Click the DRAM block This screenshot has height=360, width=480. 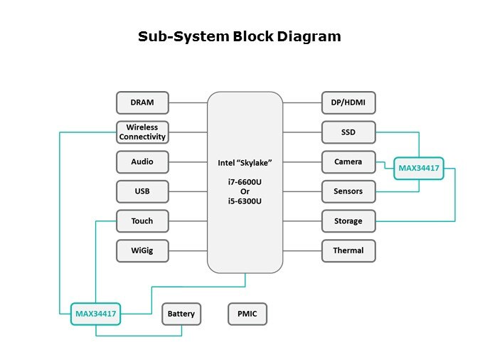(142, 102)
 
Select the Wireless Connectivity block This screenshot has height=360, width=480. (142, 132)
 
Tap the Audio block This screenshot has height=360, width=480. (142, 162)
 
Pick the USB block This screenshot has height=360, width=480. (142, 191)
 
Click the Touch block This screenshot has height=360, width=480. (142, 221)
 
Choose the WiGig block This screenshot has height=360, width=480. (142, 250)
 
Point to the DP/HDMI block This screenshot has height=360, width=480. (348, 102)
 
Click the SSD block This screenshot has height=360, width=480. (348, 132)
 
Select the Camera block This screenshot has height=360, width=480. (348, 162)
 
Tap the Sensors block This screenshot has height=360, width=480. (348, 191)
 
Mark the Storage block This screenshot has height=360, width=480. (348, 221)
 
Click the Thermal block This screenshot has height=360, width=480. (348, 250)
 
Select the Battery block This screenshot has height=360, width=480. (181, 314)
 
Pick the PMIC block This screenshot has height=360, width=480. (247, 314)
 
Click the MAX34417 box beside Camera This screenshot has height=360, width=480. (420, 169)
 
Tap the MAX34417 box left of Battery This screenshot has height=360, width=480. (96, 314)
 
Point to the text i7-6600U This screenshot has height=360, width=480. (245, 182)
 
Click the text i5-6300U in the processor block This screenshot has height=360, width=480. (245, 202)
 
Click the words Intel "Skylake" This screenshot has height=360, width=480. (245, 162)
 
